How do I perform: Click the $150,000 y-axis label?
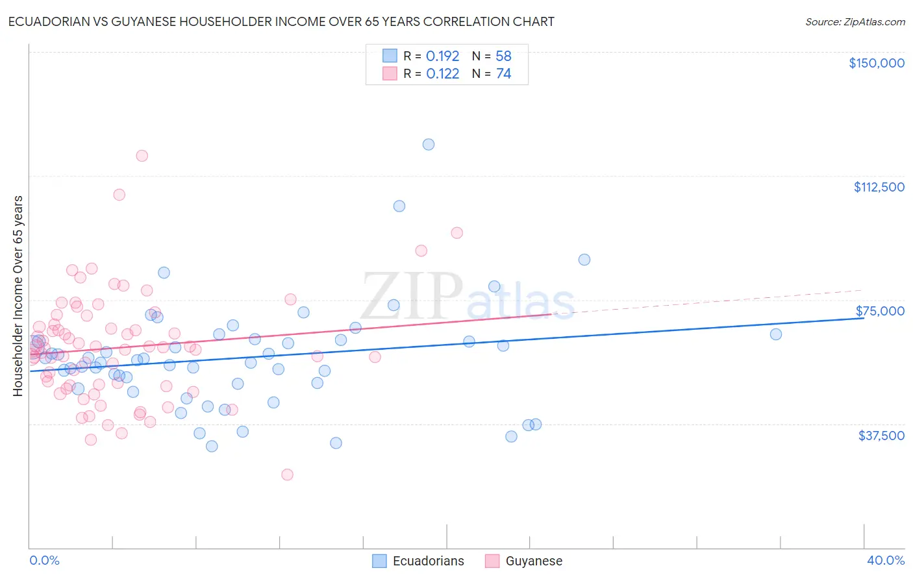coord(876,63)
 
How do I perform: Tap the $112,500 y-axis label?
coord(879,187)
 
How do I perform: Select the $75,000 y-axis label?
coord(880,311)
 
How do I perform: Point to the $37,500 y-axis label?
coord(881,436)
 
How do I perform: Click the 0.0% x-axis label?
coord(44,560)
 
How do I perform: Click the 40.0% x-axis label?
coord(885,560)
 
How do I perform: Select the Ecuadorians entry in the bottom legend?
coord(428,561)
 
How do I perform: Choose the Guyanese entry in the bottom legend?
coord(533,561)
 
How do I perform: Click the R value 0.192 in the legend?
coord(442,56)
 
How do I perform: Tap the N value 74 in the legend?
coord(503,74)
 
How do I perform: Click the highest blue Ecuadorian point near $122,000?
coord(429,144)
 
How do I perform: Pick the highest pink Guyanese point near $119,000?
coord(142,156)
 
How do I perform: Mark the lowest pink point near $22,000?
coord(287,474)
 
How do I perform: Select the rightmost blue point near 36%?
coord(776,334)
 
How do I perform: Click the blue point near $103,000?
coord(399,206)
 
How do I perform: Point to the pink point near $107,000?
coord(119,195)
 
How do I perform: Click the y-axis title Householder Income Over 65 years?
coord(18,295)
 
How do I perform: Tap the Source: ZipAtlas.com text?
coord(855,21)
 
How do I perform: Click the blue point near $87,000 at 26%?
coord(584,260)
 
